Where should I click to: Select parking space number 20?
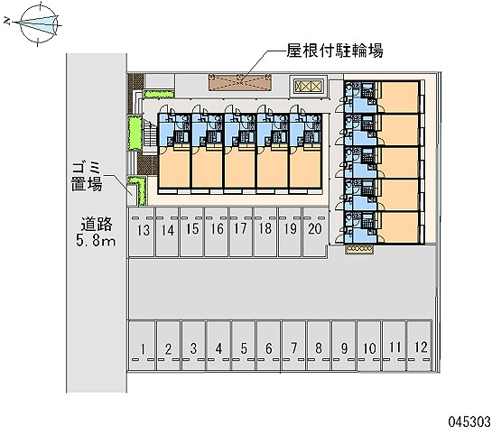[315, 232]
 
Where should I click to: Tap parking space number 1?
[142, 346]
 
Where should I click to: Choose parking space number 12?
[420, 346]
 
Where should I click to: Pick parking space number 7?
[293, 346]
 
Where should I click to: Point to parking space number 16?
[217, 232]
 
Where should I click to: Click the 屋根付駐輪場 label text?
[335, 51]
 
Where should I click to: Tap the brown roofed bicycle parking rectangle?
[240, 83]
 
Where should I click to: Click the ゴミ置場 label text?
[87, 177]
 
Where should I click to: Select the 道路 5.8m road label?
[96, 232]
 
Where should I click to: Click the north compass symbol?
[39, 24]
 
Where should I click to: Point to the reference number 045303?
[469, 421]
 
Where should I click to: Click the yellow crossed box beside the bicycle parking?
[309, 86]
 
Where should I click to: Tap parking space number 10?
[369, 346]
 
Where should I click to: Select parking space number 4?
[218, 346]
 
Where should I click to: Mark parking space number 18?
[265, 232]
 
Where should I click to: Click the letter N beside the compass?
[7, 22]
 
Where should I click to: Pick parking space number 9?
[344, 346]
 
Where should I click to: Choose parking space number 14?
[168, 232]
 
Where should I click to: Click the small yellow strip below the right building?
[359, 249]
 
